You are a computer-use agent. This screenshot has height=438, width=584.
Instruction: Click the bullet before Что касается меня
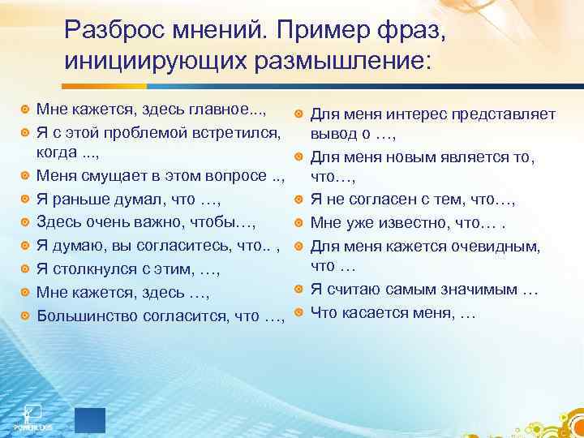point(299,311)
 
